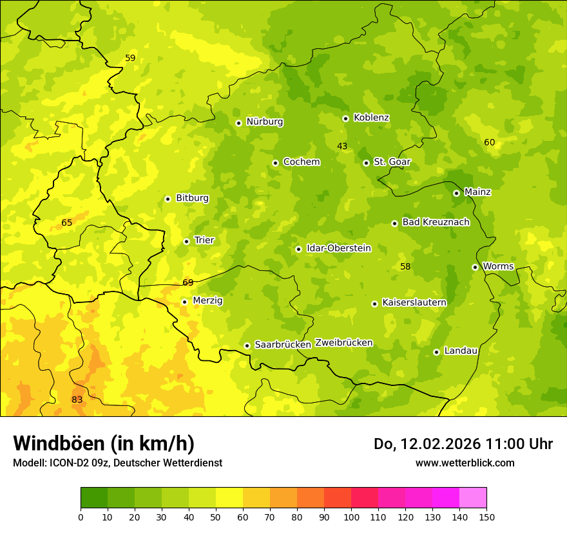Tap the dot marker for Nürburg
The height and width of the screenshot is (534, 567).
[238, 122]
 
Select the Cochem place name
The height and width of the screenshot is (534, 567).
[301, 162]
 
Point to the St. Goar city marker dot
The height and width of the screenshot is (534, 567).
[366, 163]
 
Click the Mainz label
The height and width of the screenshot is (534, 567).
[477, 192]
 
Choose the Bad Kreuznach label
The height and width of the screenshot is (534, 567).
[436, 222]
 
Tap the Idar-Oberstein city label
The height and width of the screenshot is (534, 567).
[338, 248]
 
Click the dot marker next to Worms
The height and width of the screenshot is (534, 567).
[475, 267]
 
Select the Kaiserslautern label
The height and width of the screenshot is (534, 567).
[414, 302]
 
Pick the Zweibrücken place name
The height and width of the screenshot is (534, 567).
[343, 343]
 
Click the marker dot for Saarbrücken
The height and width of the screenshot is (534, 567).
[247, 345]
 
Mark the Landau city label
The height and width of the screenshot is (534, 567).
[461, 351]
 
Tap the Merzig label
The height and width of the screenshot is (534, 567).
[207, 300]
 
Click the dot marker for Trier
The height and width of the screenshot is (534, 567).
[186, 241]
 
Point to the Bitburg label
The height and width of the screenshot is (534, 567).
[192, 198]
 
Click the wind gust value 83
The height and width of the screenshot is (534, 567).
[77, 400]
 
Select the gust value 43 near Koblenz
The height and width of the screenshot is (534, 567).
[342, 146]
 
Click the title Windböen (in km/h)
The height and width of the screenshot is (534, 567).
[104, 443]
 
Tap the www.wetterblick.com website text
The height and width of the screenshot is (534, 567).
[465, 463]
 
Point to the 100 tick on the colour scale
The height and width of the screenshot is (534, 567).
[351, 517]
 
